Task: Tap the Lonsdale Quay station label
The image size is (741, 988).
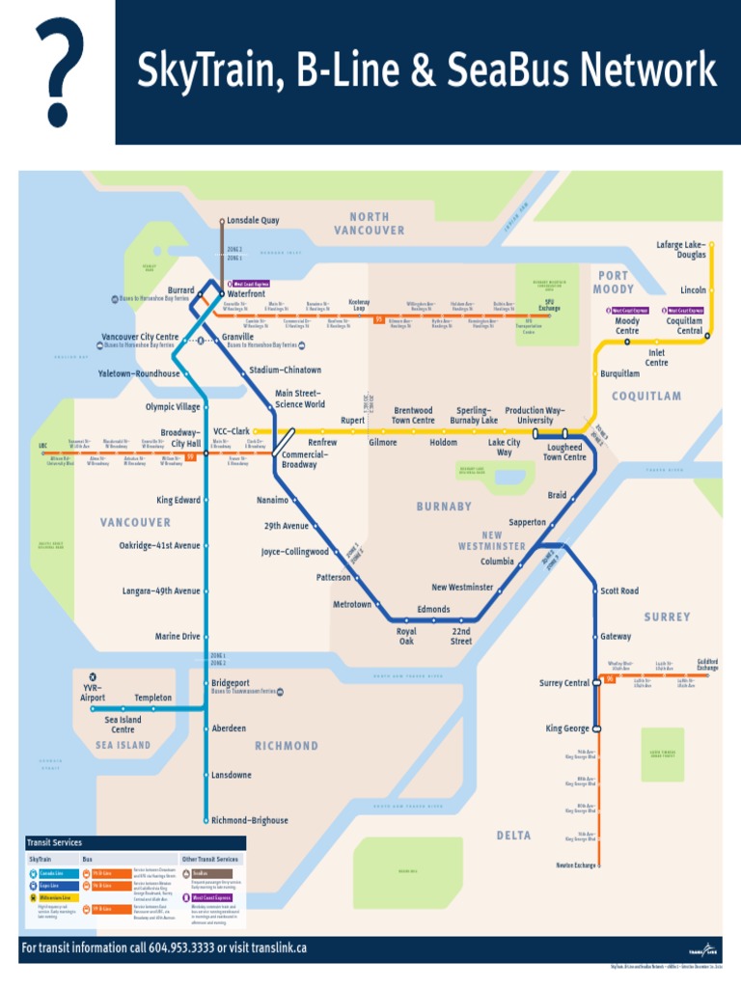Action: (253, 220)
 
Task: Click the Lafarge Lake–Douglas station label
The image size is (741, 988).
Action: (681, 250)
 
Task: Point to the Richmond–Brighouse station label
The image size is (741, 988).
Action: (249, 820)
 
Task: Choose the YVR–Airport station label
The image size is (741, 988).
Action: (93, 691)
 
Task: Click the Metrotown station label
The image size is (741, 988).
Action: (352, 604)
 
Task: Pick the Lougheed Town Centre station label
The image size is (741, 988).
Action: (564, 453)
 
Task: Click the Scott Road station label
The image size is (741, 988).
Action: (619, 590)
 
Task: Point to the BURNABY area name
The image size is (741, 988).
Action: (444, 506)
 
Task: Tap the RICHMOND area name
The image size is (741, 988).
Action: (287, 746)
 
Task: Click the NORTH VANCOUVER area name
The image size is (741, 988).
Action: (370, 224)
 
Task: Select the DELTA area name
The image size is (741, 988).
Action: (513, 836)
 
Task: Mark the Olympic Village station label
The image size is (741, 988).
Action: (174, 407)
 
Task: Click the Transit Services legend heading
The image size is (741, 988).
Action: (54, 842)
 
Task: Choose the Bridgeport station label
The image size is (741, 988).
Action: (231, 682)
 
